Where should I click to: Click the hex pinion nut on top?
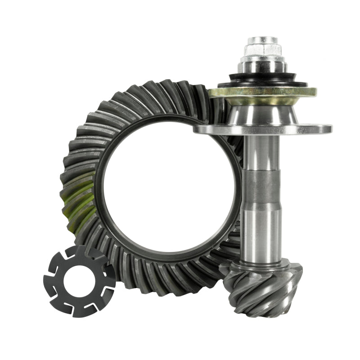pyautogui.click(x=263, y=49)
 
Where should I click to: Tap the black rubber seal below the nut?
pyautogui.click(x=263, y=81)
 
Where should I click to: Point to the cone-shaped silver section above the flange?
pyautogui.click(x=263, y=112)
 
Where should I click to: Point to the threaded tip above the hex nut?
pyautogui.click(x=263, y=40)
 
